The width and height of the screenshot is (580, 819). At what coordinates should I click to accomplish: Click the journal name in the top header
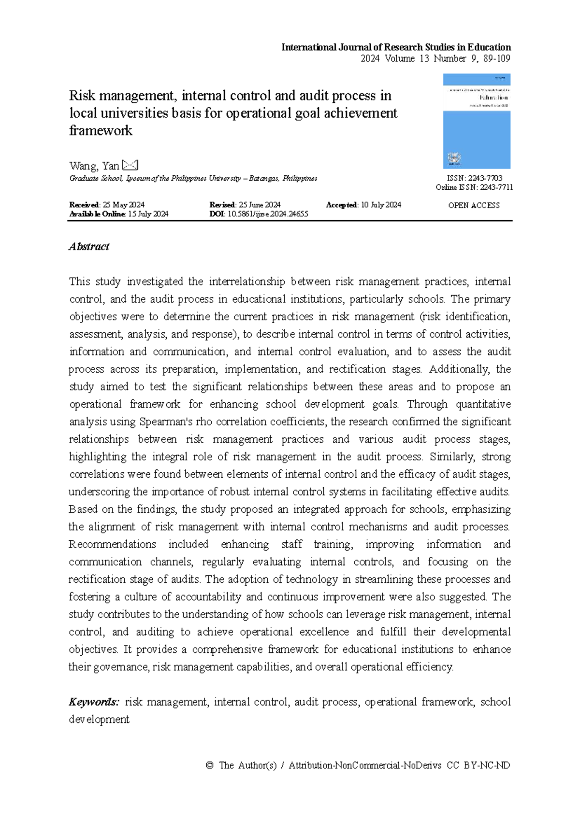(396, 47)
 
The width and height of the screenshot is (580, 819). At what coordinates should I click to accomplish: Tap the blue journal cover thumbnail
(477, 121)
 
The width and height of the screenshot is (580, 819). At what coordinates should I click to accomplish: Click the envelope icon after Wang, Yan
(130, 166)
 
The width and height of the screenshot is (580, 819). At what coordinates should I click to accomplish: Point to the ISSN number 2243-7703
(485, 178)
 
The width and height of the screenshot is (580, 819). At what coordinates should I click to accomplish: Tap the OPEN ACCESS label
(474, 205)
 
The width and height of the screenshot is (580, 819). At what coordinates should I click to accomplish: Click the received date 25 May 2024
(124, 205)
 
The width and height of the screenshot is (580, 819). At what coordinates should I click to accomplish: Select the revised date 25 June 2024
(260, 205)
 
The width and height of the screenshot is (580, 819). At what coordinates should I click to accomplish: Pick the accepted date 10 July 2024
(381, 205)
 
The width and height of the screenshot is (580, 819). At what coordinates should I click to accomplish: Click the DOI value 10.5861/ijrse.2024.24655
(268, 214)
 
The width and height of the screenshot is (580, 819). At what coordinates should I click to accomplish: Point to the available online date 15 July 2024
(148, 214)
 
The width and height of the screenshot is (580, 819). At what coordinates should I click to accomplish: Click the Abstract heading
(89, 247)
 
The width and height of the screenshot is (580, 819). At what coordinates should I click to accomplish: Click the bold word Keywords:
(94, 702)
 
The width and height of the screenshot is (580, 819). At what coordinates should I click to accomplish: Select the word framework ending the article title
(101, 131)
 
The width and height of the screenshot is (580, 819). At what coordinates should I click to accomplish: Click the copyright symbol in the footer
(209, 765)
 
